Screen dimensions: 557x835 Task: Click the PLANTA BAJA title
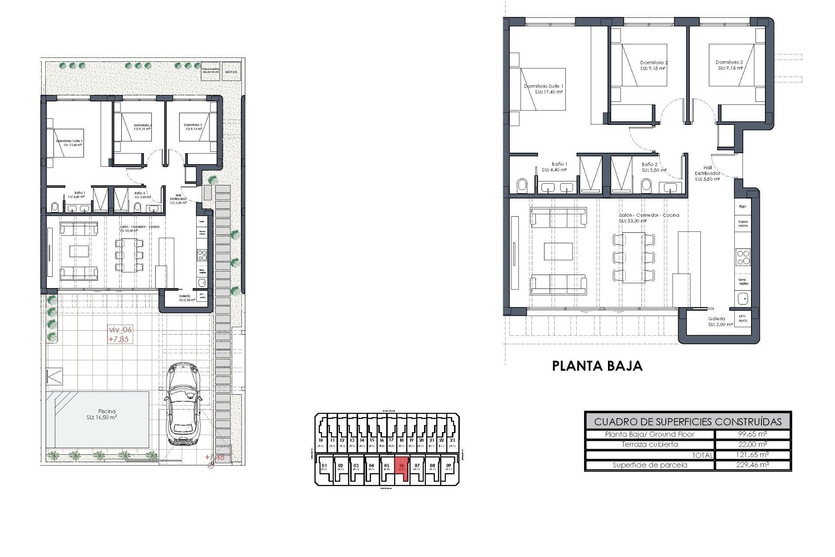(597, 366)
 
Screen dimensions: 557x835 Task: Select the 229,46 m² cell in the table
(753, 465)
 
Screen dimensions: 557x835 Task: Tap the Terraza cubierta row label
(650, 444)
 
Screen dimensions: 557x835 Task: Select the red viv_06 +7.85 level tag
(120, 335)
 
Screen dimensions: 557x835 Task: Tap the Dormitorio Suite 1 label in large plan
(544, 89)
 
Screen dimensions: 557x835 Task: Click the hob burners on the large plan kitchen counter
(743, 257)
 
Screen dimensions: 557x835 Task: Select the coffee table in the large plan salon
(558, 251)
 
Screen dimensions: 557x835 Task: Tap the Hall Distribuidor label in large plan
(707, 173)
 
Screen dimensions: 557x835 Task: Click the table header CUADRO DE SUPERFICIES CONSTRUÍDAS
(688, 421)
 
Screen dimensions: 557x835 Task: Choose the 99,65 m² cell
(753, 434)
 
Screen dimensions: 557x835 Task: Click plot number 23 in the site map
(452, 440)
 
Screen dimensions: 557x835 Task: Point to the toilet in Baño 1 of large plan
(522, 186)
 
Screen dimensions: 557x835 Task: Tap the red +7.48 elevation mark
(214, 457)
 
